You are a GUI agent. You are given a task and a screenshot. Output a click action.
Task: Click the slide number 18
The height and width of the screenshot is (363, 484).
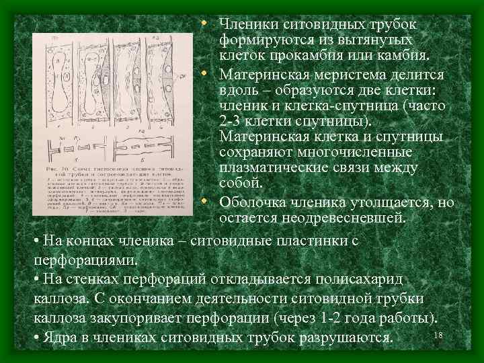click(439, 335)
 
